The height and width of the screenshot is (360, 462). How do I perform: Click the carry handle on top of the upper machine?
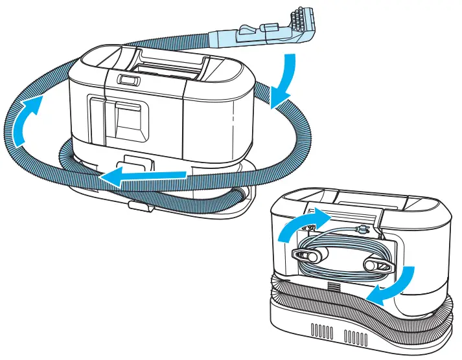(165, 62)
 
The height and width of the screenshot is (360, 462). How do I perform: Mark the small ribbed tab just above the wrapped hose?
(332, 285)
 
